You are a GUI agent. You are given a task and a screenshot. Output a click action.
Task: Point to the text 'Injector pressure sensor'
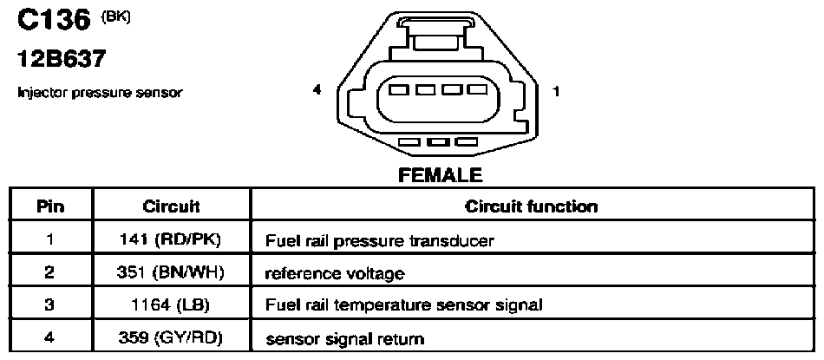[x=100, y=94]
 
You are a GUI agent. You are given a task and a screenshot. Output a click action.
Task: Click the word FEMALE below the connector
[x=441, y=174]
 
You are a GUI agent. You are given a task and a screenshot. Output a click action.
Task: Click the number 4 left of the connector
[x=317, y=90]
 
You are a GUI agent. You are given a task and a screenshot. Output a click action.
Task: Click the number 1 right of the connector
[x=556, y=91]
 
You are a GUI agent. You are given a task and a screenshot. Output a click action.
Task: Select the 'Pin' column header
[x=50, y=206]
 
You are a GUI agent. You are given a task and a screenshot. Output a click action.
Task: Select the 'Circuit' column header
[x=172, y=206]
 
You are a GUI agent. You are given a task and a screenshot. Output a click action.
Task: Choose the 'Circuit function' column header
[x=531, y=206]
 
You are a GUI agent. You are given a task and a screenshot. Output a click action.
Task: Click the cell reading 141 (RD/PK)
[x=172, y=239]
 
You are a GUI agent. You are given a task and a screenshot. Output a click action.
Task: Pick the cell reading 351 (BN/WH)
[x=172, y=272]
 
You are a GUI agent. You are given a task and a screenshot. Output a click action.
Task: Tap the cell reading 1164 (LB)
[x=172, y=304]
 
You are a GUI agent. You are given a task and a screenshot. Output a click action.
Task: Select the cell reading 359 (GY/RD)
[x=172, y=337]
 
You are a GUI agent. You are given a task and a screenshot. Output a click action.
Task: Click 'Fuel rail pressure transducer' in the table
[x=380, y=240]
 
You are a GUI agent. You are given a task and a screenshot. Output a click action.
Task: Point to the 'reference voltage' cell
[x=335, y=274]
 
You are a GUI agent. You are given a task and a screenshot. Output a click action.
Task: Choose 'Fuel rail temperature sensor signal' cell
[x=403, y=305]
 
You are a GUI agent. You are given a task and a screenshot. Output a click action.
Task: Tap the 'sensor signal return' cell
[x=344, y=338]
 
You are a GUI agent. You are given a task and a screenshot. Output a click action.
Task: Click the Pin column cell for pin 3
[x=50, y=304]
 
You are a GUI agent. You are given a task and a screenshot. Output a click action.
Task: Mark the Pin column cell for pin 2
[x=50, y=272]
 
